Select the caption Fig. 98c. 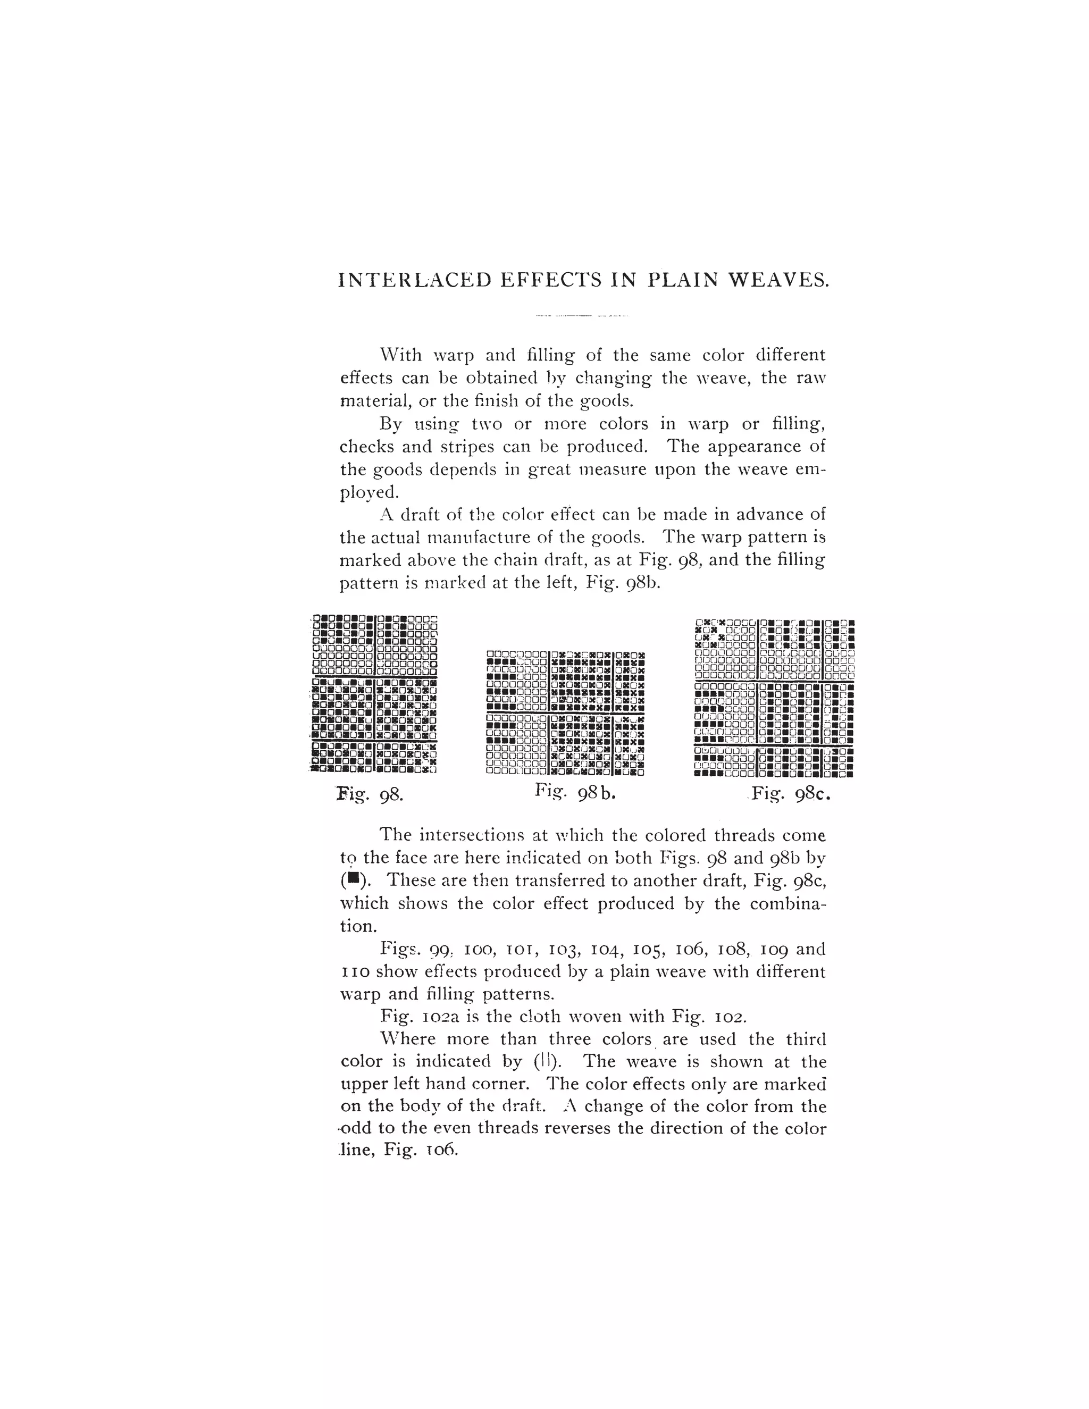[x=791, y=793]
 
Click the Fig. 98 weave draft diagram [x=374, y=693]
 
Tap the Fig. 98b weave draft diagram [x=565, y=713]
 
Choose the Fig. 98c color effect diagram [x=775, y=698]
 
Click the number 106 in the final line [x=442, y=1150]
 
